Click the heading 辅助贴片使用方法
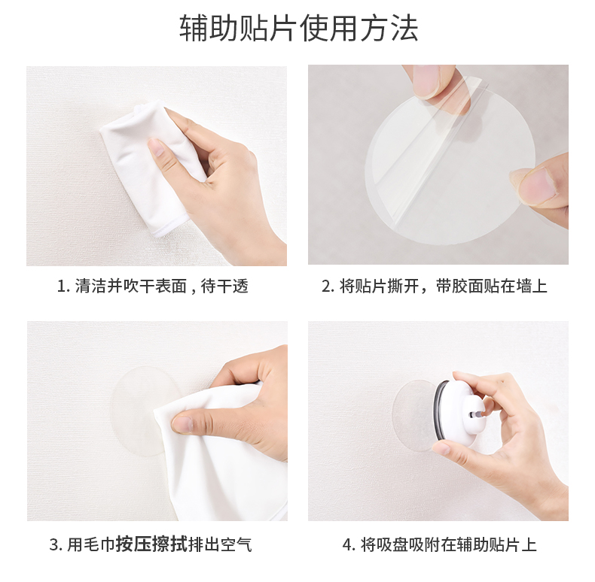point(299,28)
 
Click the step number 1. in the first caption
point(63,286)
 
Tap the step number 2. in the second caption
point(328,286)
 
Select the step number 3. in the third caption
point(56,545)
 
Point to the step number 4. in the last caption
point(349,545)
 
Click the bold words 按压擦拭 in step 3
point(152,544)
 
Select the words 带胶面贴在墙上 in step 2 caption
point(491,286)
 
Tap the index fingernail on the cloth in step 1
point(155,146)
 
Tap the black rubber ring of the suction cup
point(438,409)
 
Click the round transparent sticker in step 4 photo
point(413,415)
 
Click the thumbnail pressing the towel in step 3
point(183,424)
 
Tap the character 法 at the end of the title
point(405,28)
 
